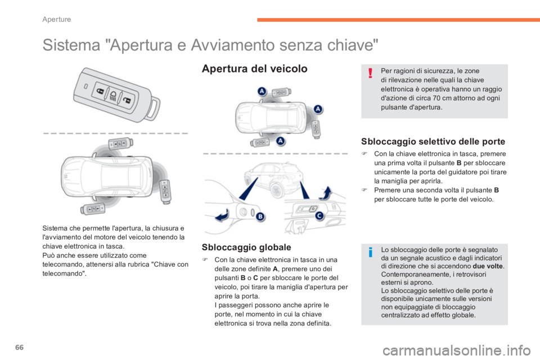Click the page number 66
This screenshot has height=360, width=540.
click(x=20, y=347)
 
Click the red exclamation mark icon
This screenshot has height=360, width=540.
click(x=370, y=73)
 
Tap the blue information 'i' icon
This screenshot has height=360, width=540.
click(x=371, y=252)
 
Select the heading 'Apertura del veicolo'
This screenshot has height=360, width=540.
click(x=254, y=69)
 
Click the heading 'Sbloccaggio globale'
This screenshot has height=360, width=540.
click(x=246, y=247)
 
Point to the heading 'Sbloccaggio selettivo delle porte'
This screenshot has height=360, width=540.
click(x=433, y=142)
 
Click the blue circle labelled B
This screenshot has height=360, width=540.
click(x=260, y=217)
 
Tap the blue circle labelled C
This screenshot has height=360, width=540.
click(x=319, y=215)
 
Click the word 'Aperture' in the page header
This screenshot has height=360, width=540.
click(x=57, y=19)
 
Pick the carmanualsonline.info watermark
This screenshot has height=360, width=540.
click(x=457, y=350)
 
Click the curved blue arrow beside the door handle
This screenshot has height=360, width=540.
click(x=222, y=215)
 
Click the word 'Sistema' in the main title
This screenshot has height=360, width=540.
click(x=71, y=45)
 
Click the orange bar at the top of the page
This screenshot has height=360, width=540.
click(x=398, y=20)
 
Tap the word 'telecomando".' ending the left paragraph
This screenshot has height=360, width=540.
click(x=64, y=273)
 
